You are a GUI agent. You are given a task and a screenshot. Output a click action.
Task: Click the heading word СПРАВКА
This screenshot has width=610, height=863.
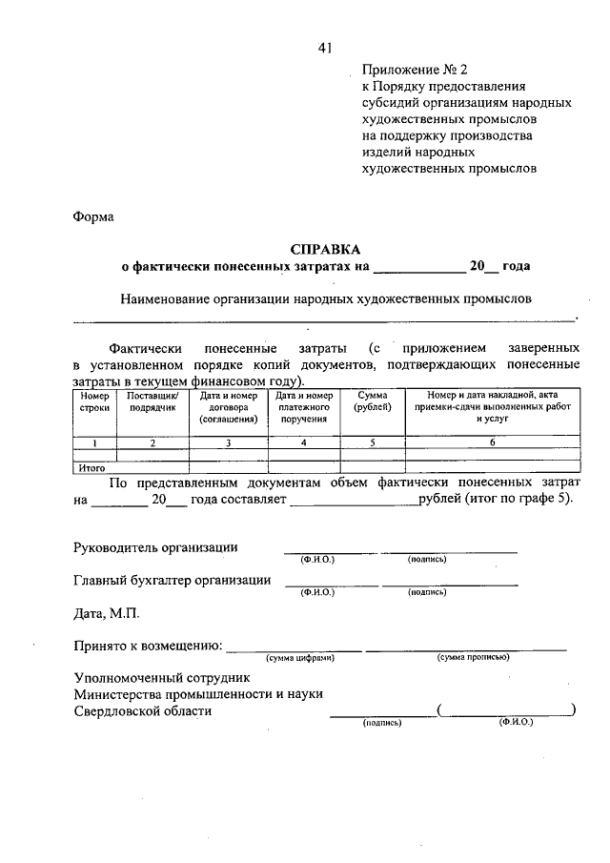[304, 249]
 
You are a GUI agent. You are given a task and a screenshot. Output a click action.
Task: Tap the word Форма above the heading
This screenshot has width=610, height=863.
[93, 216]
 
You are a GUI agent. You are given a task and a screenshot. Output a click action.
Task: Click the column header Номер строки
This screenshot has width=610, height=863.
[94, 401]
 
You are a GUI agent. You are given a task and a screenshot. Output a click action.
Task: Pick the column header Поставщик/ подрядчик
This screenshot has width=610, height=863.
[152, 401]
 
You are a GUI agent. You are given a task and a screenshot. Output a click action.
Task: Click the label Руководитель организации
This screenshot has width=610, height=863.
[156, 547]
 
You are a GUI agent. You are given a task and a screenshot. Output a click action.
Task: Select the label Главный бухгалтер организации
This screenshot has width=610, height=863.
[173, 580]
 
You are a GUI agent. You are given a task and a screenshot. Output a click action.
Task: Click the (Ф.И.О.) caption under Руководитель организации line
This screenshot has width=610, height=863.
[316, 559]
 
